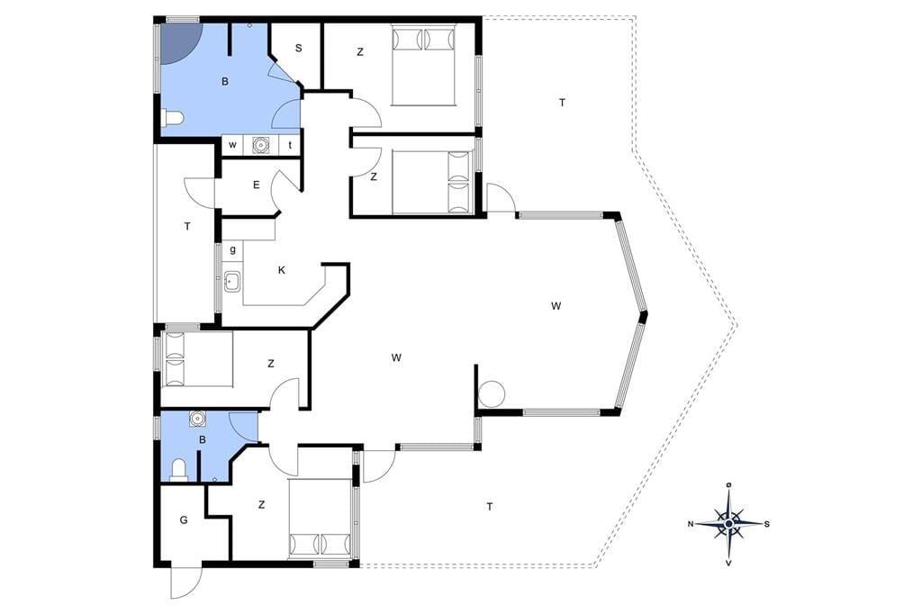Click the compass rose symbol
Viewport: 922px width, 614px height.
pyautogui.click(x=728, y=523)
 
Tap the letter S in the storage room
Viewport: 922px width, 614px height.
pyautogui.click(x=299, y=49)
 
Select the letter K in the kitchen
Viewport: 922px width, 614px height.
pyautogui.click(x=282, y=270)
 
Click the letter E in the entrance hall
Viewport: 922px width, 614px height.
pyautogui.click(x=257, y=185)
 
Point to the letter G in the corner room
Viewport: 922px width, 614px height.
pyautogui.click(x=184, y=519)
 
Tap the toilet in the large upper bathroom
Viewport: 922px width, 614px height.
pyautogui.click(x=172, y=119)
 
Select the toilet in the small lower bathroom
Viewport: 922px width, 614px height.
pyautogui.click(x=178, y=471)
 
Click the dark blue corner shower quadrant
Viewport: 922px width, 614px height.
pyautogui.click(x=178, y=41)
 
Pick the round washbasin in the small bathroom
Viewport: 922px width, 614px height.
pyautogui.click(x=197, y=419)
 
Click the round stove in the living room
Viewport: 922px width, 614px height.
pyautogui.click(x=492, y=393)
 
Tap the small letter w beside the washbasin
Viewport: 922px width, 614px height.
pyautogui.click(x=233, y=145)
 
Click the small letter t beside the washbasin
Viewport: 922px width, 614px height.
pyautogui.click(x=290, y=145)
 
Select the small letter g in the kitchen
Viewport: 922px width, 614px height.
pyautogui.click(x=233, y=249)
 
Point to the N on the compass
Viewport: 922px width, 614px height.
pyautogui.click(x=691, y=524)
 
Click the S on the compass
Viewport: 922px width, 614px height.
pyautogui.click(x=767, y=524)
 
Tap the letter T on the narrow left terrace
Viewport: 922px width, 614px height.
pyautogui.click(x=187, y=227)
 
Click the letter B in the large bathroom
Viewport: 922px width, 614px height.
pyautogui.click(x=224, y=82)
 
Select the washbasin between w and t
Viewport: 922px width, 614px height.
pyautogui.click(x=260, y=145)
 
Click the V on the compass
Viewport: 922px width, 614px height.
pyautogui.click(x=729, y=563)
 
